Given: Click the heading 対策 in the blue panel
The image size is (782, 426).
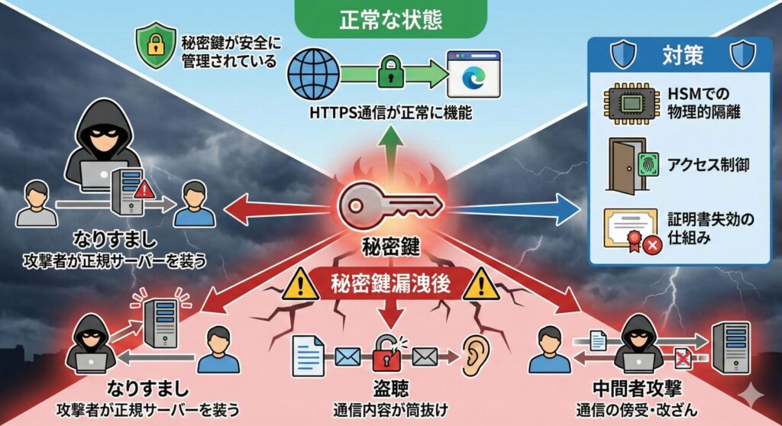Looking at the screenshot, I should point(678,56).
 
